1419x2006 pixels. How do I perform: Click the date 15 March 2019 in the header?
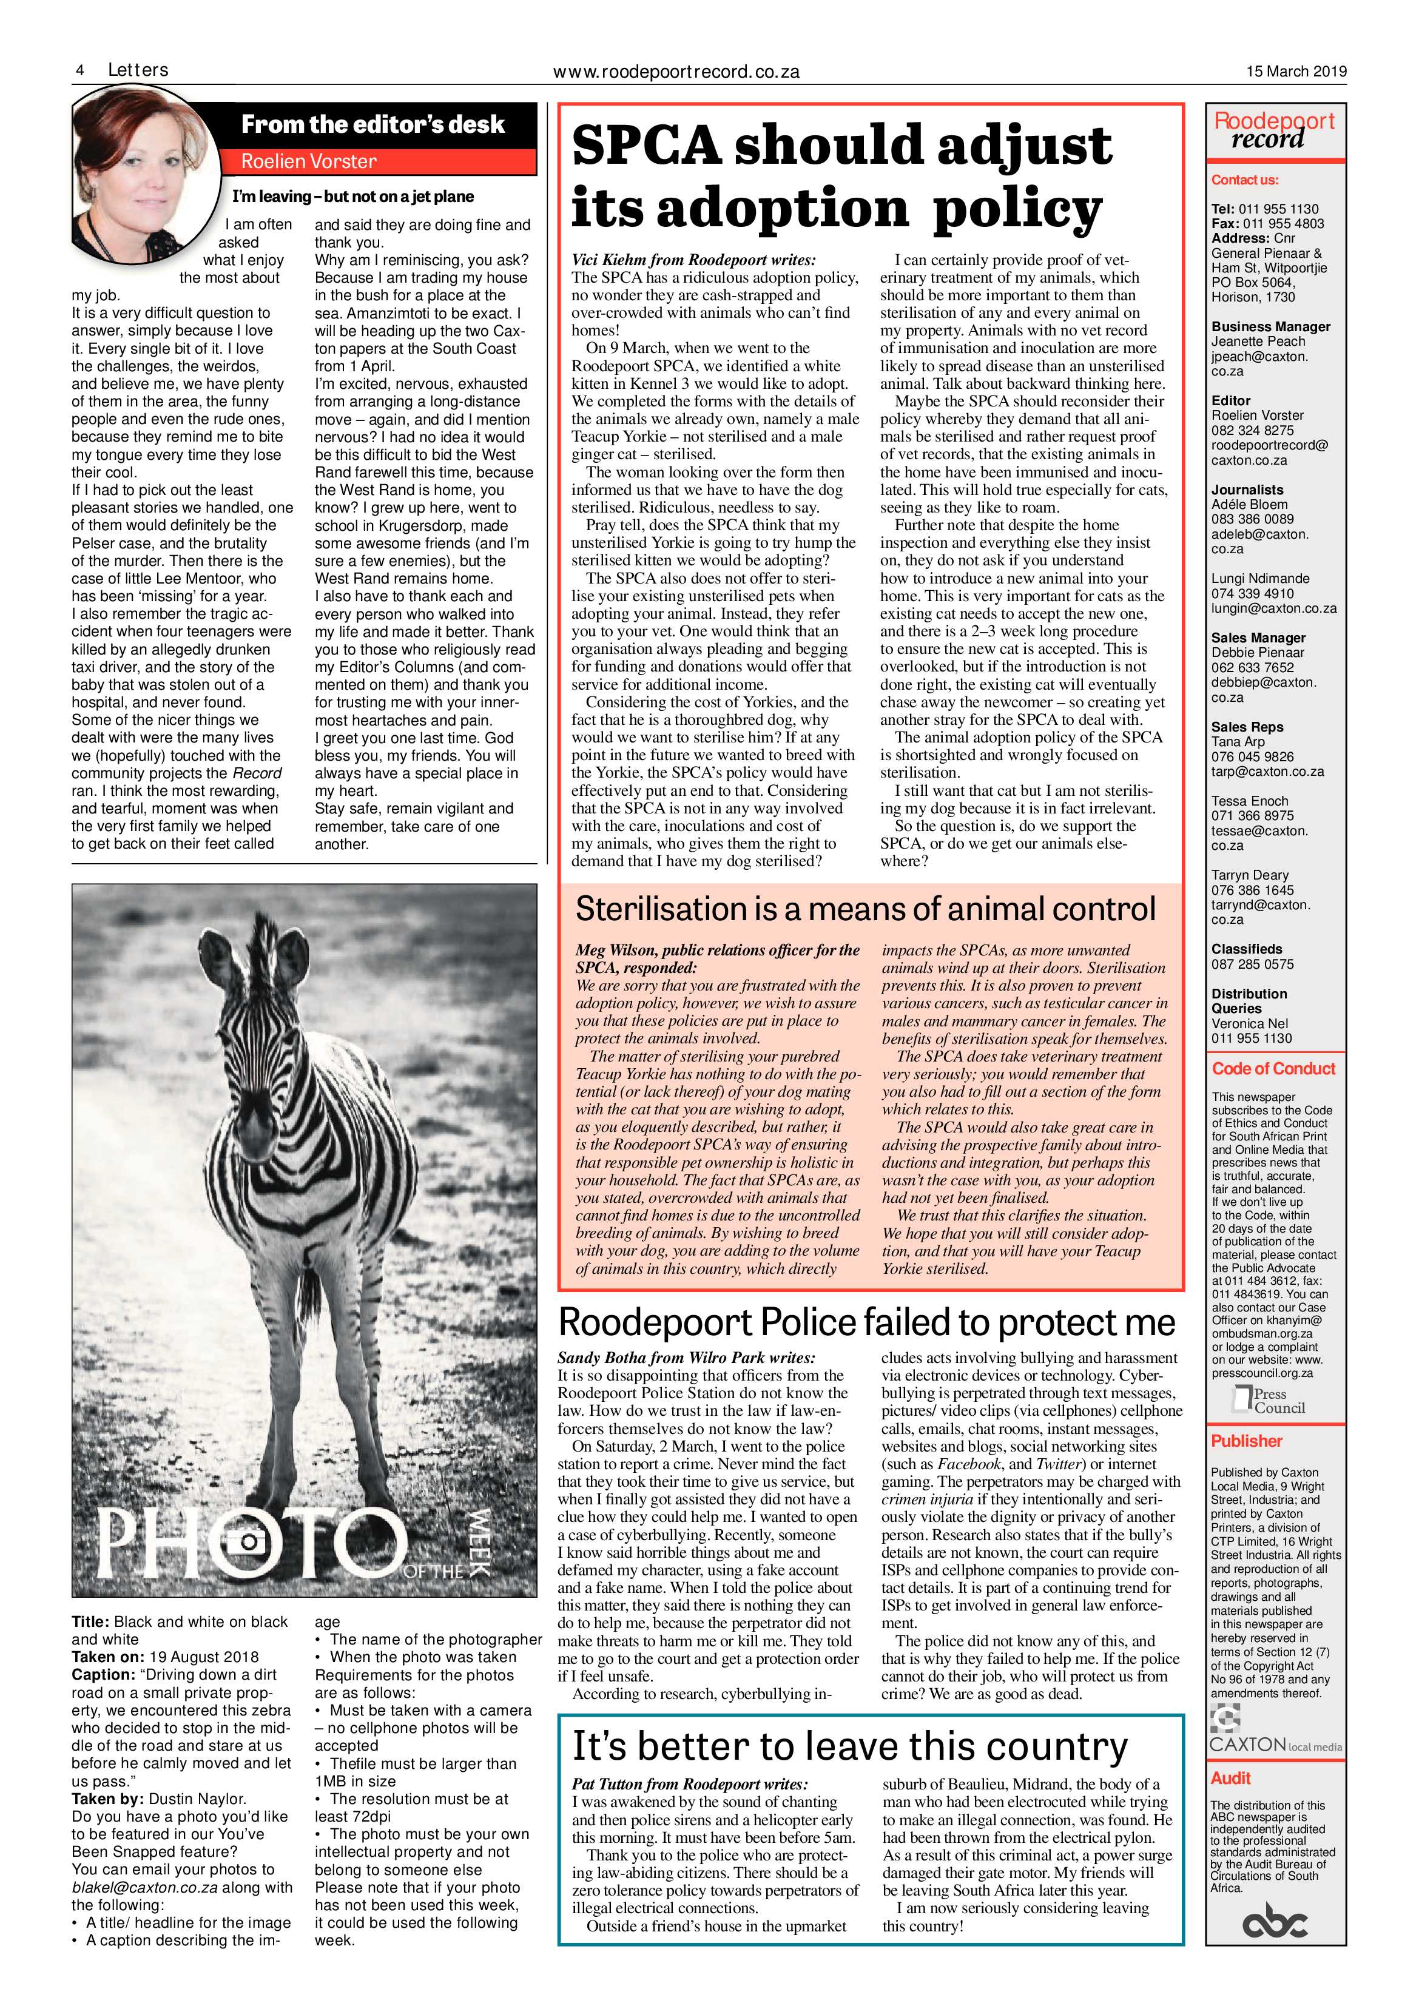[1296, 72]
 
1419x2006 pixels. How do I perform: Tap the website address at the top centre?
[677, 73]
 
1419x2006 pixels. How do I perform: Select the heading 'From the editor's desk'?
[373, 125]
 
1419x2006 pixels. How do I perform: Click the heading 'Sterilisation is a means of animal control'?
[865, 909]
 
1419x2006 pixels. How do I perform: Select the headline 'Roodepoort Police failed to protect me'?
[867, 1323]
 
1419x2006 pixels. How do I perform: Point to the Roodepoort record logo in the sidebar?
[1274, 131]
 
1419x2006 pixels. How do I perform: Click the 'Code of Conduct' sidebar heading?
[1273, 1069]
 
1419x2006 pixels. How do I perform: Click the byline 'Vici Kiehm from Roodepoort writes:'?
[693, 260]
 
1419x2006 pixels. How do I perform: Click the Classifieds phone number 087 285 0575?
[1252, 964]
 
